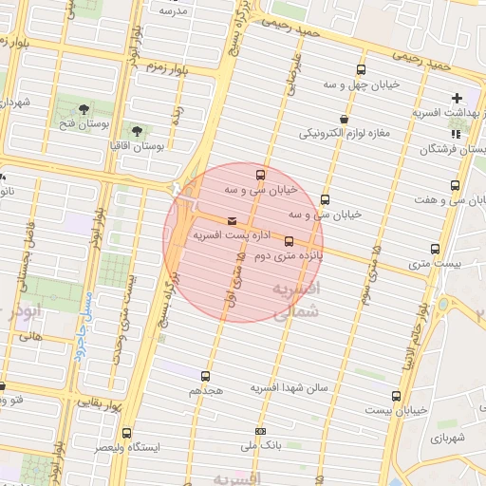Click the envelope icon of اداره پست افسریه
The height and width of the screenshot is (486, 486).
233,221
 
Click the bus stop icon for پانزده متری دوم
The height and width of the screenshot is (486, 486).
289,241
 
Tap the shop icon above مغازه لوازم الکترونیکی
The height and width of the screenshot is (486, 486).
343,119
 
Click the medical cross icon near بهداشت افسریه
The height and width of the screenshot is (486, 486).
458,97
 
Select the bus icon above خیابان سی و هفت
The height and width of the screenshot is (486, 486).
455,185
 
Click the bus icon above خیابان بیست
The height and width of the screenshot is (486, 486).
396,396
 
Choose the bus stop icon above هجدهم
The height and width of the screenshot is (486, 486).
205,376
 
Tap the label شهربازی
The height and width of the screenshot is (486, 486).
445,439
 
